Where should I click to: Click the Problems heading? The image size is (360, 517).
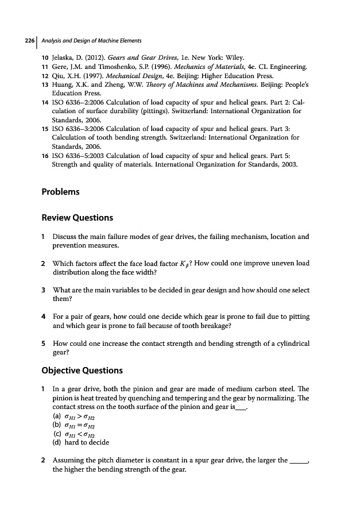[x=60, y=191]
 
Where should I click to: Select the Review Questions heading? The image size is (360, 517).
[x=77, y=218]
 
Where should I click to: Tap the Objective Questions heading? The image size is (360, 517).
[x=82, y=370]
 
